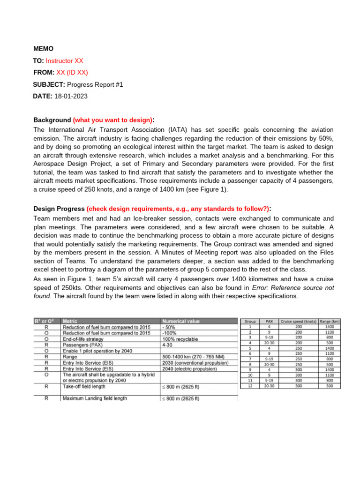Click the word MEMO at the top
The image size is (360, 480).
[43, 49]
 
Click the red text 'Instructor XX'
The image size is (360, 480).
[65, 61]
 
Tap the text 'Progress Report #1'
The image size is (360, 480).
[95, 84]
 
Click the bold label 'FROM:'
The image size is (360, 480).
[44, 73]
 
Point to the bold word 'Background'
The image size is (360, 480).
[52, 120]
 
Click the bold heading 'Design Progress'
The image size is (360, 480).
[59, 209]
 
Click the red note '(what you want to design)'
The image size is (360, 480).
[113, 120]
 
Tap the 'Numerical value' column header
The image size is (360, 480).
[180, 322]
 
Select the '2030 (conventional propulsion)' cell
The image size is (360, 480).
[195, 362]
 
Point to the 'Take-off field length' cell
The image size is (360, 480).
[90, 387]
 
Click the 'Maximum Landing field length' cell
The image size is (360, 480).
[101, 398]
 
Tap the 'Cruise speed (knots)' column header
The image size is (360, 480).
[299, 322]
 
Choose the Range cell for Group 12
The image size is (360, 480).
[329, 386]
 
